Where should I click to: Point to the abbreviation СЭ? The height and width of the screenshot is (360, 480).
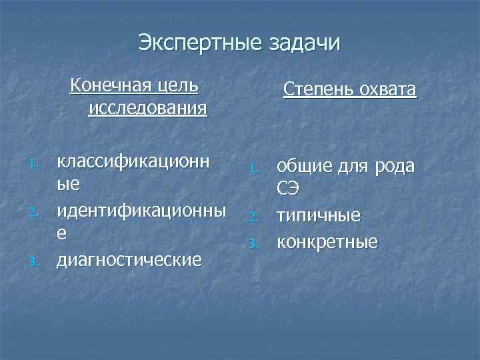pyautogui.click(x=289, y=189)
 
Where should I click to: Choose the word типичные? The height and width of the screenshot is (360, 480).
pyautogui.click(x=319, y=215)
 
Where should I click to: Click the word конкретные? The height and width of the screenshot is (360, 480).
pyautogui.click(x=327, y=241)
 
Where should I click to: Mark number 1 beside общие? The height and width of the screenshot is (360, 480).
pyautogui.click(x=254, y=167)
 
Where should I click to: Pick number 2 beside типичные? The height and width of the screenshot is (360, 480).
pyautogui.click(x=254, y=217)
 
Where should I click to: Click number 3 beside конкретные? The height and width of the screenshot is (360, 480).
pyautogui.click(x=254, y=243)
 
